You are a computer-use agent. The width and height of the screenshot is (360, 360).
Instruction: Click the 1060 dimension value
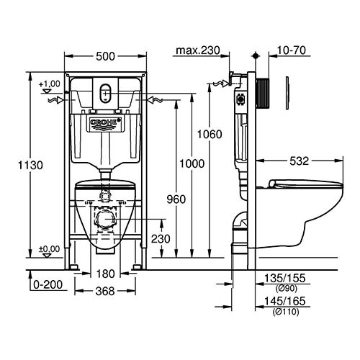210,134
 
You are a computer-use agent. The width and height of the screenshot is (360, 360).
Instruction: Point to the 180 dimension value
106,273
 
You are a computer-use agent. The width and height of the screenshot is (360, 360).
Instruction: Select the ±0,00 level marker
49,248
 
